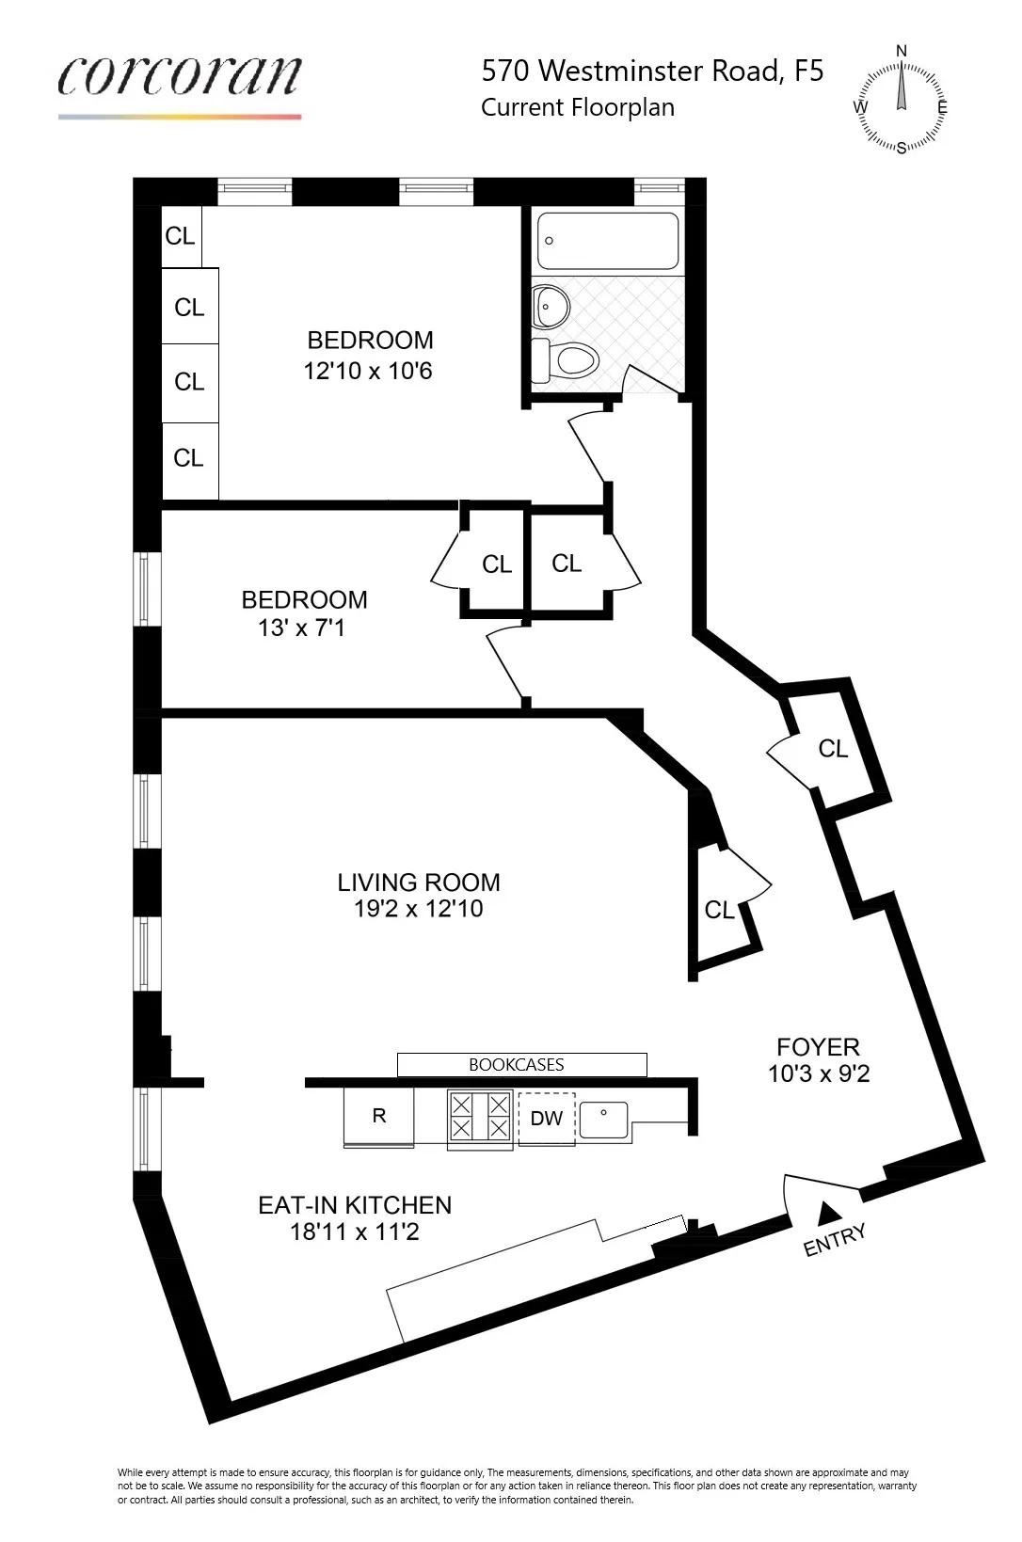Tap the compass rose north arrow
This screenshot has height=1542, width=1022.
click(902, 89)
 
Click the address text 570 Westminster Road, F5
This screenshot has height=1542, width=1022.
click(652, 71)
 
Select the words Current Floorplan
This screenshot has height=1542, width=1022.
click(577, 107)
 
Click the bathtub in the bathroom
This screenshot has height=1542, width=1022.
click(607, 242)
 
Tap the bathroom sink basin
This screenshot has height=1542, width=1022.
click(547, 304)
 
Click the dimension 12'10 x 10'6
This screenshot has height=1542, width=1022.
click(368, 371)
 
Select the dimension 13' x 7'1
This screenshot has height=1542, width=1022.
click(301, 628)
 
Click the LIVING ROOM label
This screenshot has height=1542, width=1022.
click(419, 882)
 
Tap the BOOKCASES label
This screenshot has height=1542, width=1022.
click(517, 1065)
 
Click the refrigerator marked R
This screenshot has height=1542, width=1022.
click(378, 1116)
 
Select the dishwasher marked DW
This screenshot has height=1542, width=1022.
click(546, 1118)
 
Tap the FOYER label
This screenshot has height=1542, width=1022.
click(818, 1047)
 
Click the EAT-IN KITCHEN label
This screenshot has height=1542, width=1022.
click(355, 1205)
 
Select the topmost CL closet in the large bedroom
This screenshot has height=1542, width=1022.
click(180, 236)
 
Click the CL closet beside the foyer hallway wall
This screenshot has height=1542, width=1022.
click(833, 749)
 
